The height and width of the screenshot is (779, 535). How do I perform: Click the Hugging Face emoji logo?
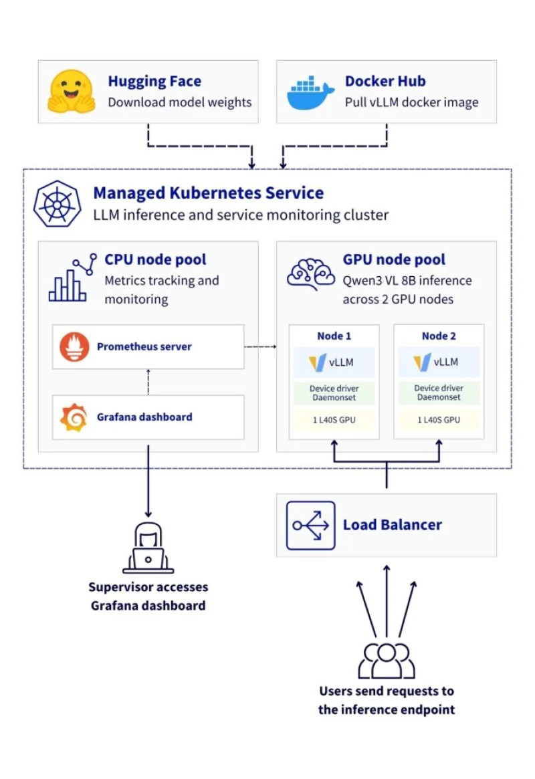tap(70, 91)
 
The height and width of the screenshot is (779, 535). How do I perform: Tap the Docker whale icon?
tap(310, 93)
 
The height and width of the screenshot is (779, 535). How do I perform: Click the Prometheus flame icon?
tap(74, 347)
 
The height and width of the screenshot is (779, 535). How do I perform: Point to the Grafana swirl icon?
tap(74, 417)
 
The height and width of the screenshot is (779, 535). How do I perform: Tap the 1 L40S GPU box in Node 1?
tap(333, 420)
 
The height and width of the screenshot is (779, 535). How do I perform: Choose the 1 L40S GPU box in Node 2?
tap(438, 420)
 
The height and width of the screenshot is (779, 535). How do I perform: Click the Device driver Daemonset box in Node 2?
tap(438, 393)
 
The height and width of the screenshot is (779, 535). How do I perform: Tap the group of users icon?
tap(387, 659)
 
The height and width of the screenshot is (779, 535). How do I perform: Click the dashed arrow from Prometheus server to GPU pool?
tap(261, 347)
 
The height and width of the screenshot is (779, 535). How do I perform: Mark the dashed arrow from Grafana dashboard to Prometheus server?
tap(148, 381)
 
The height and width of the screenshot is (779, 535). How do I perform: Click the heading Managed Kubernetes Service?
tap(208, 193)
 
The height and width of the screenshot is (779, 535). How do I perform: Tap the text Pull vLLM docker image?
tap(411, 102)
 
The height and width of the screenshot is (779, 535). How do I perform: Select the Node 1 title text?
tap(333, 336)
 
